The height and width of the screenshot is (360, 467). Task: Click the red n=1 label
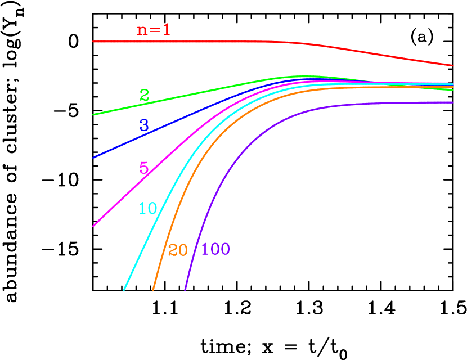[x=154, y=30]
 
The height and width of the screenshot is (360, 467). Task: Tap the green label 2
[x=144, y=96]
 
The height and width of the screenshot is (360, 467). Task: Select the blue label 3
[x=144, y=125]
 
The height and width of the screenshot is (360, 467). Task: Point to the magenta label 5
[x=143, y=168]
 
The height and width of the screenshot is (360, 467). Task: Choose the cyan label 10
[x=147, y=209]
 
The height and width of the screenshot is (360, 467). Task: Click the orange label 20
[x=178, y=250]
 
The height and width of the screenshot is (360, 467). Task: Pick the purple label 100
[x=215, y=249]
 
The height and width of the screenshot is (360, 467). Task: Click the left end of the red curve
[x=93, y=42]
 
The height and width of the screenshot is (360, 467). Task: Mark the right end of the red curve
[x=453, y=65]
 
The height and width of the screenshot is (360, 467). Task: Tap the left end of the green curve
[x=93, y=115]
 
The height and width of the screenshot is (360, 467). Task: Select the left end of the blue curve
[x=93, y=157]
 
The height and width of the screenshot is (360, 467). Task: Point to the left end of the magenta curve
[x=93, y=226]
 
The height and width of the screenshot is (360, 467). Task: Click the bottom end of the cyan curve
[x=124, y=290]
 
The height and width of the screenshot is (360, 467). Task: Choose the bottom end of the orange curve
[x=153, y=290]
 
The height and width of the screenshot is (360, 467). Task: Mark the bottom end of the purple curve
[x=185, y=290]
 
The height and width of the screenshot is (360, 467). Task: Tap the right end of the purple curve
[x=453, y=102]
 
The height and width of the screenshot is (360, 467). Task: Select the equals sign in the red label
[x=154, y=30]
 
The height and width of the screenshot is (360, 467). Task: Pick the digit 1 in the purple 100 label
[x=204, y=249]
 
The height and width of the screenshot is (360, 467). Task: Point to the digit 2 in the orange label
[x=172, y=250]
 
